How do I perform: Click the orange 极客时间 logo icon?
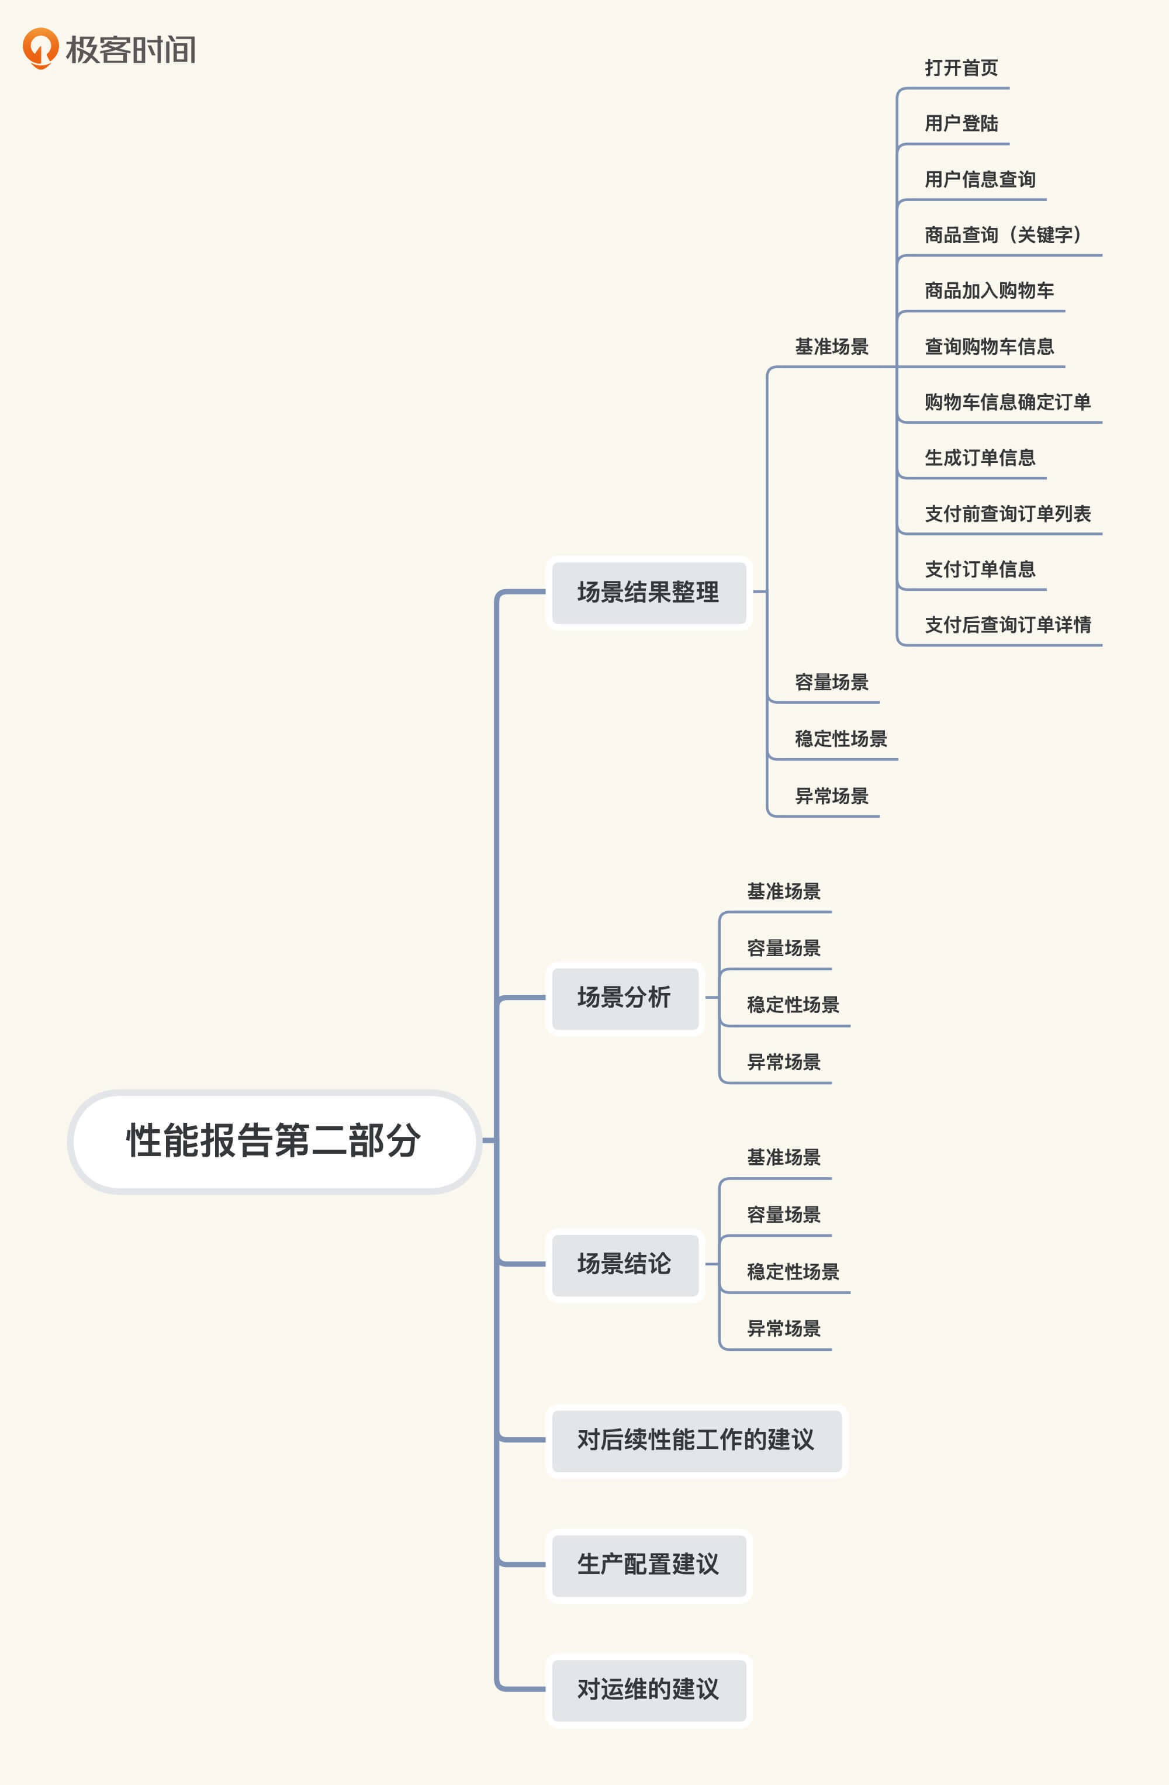40,48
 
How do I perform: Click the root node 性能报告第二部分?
274,1141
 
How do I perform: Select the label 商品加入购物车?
989,291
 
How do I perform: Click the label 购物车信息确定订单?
1007,403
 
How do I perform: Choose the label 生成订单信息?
979,458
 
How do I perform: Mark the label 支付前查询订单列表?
1007,514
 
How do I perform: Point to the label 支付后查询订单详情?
1007,625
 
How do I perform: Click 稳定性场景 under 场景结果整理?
841,739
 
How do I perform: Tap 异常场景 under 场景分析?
784,1062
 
